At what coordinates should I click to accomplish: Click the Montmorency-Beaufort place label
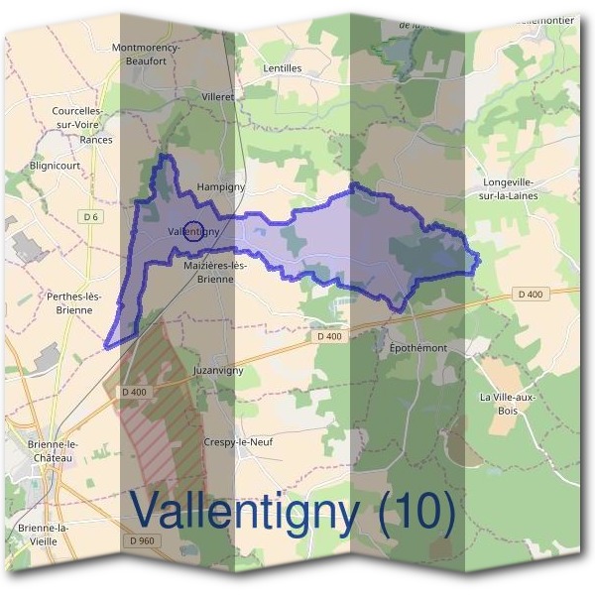click(x=146, y=54)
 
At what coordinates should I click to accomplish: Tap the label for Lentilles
click(x=283, y=68)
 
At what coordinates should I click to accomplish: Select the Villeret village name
click(x=217, y=97)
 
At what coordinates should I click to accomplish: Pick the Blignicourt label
click(x=56, y=166)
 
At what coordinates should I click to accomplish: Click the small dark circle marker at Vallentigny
click(x=194, y=230)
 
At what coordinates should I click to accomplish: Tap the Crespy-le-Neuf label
click(x=237, y=442)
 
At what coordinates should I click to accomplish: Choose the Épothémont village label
click(x=413, y=349)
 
